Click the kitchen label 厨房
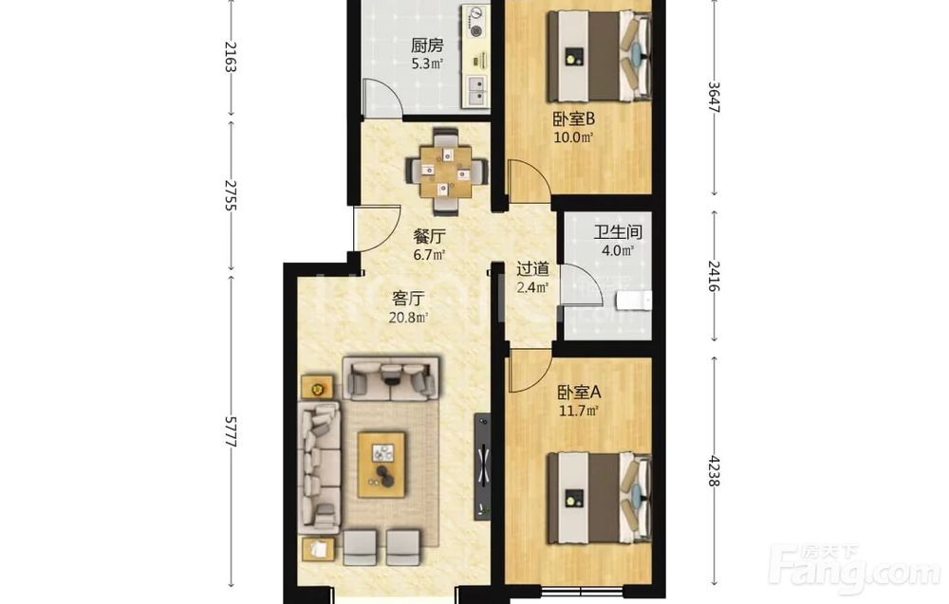click(x=427, y=46)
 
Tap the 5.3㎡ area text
click(x=427, y=64)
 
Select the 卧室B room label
click(x=573, y=119)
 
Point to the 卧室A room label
click(x=579, y=393)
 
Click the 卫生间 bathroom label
click(x=618, y=231)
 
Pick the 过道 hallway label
click(x=532, y=267)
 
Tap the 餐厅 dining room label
click(x=430, y=235)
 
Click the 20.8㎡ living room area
click(x=408, y=317)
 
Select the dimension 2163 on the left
click(x=230, y=56)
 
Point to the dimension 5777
click(x=230, y=431)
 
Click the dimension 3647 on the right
click(x=715, y=97)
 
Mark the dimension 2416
click(x=715, y=276)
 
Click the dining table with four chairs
click(x=447, y=171)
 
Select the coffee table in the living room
click(x=381, y=465)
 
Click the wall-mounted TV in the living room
click(x=483, y=466)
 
